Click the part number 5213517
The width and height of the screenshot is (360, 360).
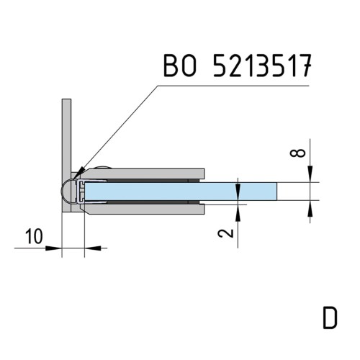(262, 66)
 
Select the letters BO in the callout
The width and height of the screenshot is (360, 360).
(180, 66)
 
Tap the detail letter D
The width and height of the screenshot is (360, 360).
(330, 318)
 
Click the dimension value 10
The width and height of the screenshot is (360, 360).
(35, 236)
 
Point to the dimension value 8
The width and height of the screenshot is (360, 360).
(298, 153)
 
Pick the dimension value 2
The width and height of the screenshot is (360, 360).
(226, 233)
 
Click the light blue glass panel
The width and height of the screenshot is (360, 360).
(181, 192)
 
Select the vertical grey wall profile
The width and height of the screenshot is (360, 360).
(66, 156)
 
